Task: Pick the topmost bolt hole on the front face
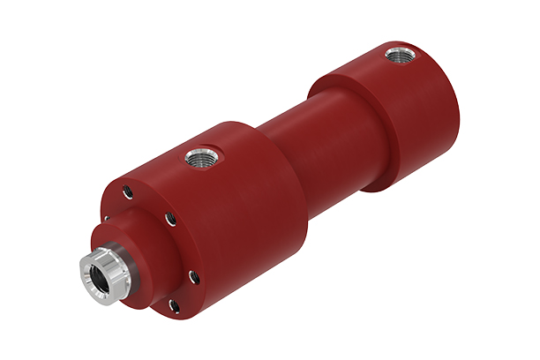(129, 189)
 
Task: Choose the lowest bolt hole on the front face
(174, 306)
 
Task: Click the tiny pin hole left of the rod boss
(107, 219)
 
